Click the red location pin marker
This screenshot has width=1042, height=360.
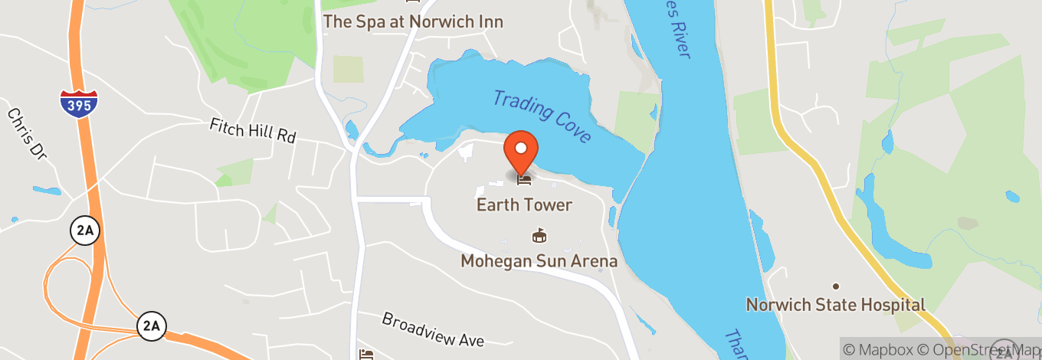pyautogui.click(x=521, y=150)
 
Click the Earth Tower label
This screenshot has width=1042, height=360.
pyautogui.click(x=524, y=205)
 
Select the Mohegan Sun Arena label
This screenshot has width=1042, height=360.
pyautogui.click(x=539, y=261)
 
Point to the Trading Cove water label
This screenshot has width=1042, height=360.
pyautogui.click(x=542, y=116)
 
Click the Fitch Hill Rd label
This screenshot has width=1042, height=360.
pyautogui.click(x=253, y=130)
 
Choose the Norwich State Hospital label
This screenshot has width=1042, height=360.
pyautogui.click(x=836, y=305)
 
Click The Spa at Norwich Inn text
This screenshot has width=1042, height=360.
pyautogui.click(x=413, y=21)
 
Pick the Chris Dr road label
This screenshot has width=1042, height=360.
pyautogui.click(x=28, y=133)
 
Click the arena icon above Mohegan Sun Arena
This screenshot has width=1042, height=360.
pyautogui.click(x=539, y=237)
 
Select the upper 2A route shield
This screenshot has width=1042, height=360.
pyautogui.click(x=84, y=231)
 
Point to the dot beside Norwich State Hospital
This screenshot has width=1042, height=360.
pyautogui.click(x=836, y=286)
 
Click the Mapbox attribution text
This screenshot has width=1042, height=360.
pyautogui.click(x=875, y=349)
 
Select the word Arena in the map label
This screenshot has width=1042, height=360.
pyautogui.click(x=594, y=261)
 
